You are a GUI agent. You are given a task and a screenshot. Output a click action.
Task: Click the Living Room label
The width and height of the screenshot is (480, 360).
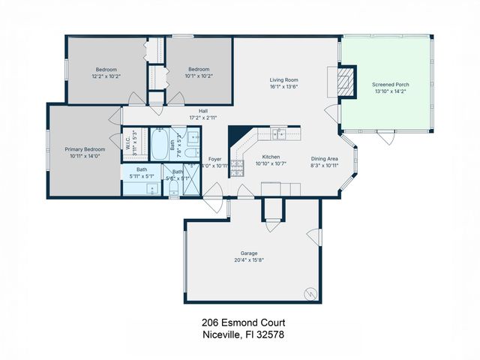[284, 79]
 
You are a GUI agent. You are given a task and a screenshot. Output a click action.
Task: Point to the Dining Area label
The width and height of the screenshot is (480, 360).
[325, 158]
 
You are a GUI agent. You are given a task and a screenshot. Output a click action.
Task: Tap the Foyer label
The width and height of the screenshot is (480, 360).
[215, 159]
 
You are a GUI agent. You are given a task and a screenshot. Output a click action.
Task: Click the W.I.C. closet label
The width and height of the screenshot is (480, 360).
[128, 142]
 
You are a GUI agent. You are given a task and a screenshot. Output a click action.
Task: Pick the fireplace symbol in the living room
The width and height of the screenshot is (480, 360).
[343, 81]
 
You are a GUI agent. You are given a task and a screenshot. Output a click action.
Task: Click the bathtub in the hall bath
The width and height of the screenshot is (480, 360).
[161, 145]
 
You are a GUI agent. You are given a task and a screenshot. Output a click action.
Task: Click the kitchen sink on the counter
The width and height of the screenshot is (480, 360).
[279, 133]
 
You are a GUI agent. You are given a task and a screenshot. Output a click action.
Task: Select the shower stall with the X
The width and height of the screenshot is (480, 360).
[191, 180]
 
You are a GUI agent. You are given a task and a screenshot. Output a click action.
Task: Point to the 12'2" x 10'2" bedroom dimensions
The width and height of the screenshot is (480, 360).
[106, 76]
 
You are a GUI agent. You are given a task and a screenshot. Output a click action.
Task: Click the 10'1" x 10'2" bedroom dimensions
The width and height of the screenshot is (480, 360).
[199, 76]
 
